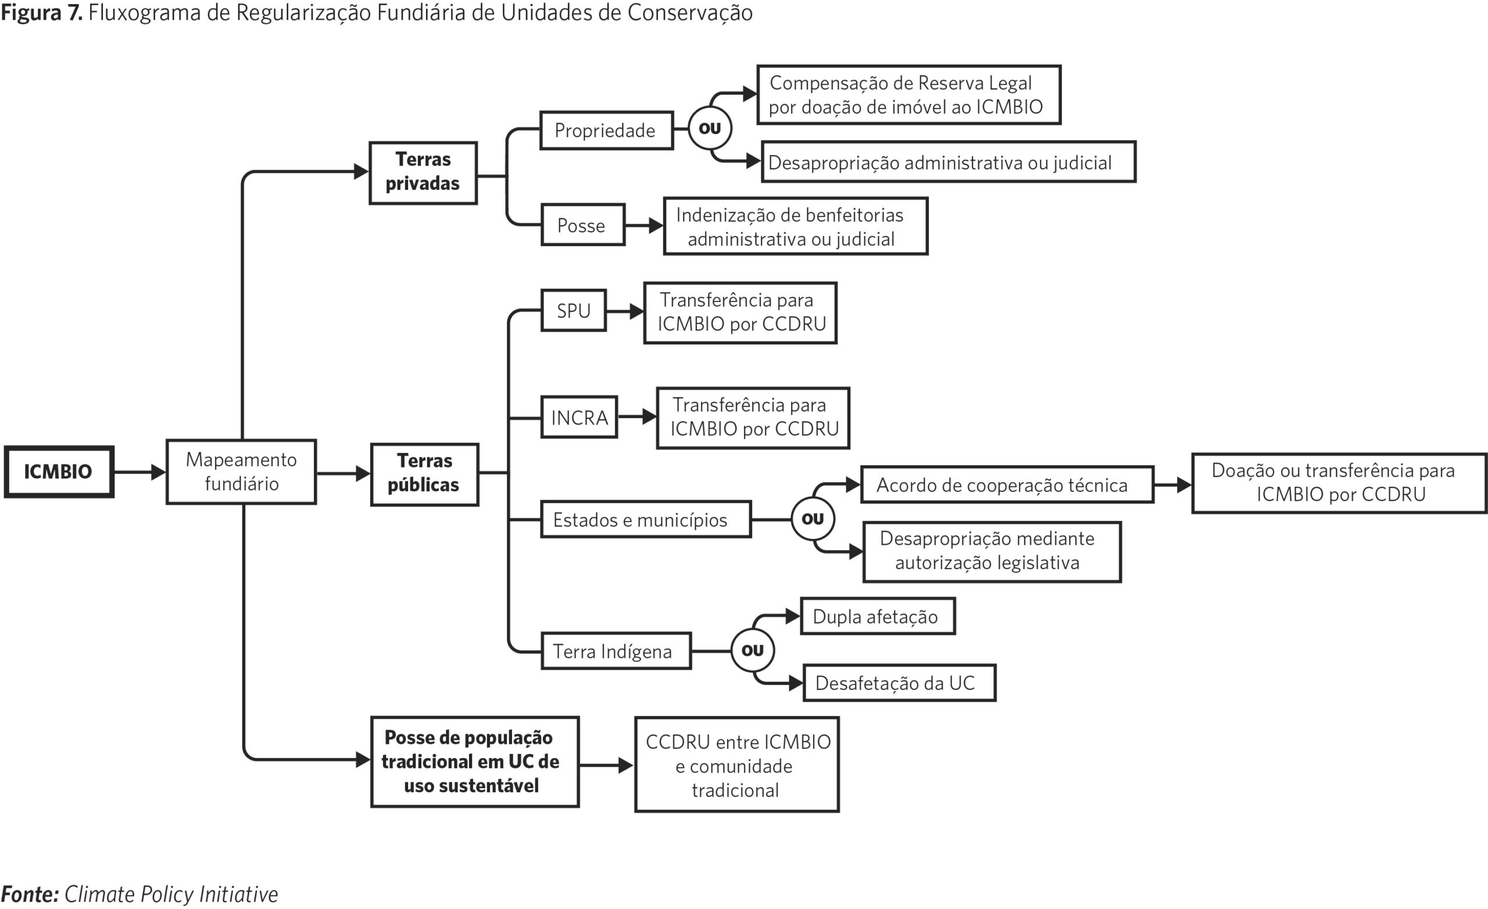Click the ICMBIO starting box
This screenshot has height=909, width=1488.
(x=59, y=472)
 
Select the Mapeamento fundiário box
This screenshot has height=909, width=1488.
(x=241, y=472)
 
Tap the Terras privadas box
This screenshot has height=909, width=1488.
(x=423, y=173)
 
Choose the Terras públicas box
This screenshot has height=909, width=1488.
(x=424, y=475)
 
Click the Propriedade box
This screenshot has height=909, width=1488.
(x=606, y=130)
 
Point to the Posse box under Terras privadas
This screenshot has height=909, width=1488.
(x=583, y=225)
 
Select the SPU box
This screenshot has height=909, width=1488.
(x=573, y=310)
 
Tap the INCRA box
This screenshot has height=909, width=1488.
(x=579, y=417)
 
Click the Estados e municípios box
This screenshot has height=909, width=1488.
(x=646, y=519)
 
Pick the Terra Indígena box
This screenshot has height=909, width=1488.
(x=616, y=651)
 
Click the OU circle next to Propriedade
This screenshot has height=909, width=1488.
(x=710, y=128)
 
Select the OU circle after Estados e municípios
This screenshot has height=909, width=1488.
(x=813, y=519)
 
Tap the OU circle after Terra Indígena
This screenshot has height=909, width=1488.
(x=753, y=650)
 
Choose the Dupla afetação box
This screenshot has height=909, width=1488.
(x=878, y=616)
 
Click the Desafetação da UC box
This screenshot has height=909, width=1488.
(x=899, y=683)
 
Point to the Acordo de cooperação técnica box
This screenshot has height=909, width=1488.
(x=1007, y=484)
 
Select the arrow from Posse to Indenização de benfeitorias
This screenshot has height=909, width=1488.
(x=645, y=226)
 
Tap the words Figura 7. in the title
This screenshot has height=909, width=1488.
(x=42, y=13)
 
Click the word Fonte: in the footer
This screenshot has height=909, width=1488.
(x=30, y=894)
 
